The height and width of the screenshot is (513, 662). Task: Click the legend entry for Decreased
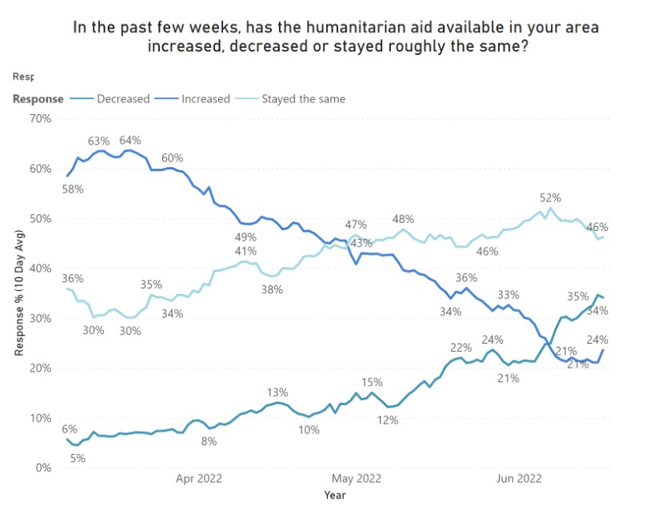coord(122,99)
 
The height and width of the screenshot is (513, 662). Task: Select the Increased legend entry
coord(205,99)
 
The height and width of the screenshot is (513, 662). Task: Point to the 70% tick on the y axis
coord(38,118)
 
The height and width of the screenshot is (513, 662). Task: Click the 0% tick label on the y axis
coord(42,468)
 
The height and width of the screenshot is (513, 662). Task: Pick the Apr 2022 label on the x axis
coord(198,479)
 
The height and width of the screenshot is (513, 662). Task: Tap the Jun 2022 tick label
coord(519,479)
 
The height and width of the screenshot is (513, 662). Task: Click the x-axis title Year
coord(335,495)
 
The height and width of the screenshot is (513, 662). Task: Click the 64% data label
coord(130,141)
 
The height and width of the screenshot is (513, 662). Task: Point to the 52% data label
coord(550,197)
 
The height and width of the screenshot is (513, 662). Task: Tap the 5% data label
coord(78,458)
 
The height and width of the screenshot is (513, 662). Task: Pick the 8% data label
coord(209,440)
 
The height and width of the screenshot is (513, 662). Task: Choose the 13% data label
coord(277,392)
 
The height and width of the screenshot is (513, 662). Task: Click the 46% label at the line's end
coord(597,227)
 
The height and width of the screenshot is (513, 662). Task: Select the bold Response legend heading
coord(38,99)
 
